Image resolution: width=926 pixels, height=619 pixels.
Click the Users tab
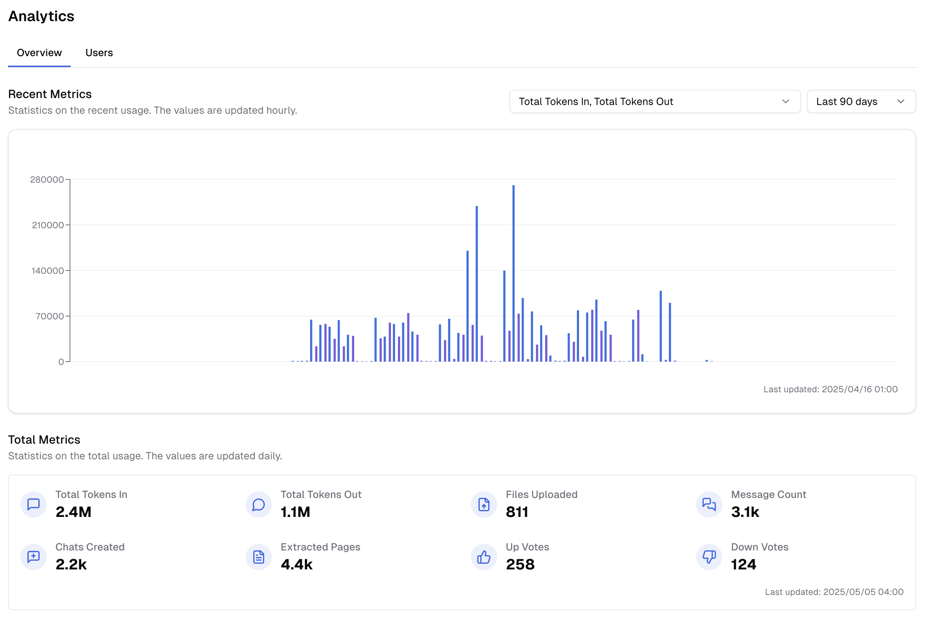tap(99, 52)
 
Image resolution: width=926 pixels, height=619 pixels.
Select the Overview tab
tap(39, 52)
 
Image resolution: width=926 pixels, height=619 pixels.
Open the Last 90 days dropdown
tap(860, 101)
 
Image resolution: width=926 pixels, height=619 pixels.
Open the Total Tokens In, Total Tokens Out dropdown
tap(655, 101)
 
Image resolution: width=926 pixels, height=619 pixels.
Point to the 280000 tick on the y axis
tap(47, 180)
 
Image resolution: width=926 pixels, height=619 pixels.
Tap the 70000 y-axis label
tap(49, 316)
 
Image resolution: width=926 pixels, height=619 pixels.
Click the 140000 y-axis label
tap(47, 271)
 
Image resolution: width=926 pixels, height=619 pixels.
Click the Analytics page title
tap(42, 16)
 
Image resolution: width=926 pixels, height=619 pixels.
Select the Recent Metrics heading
tap(50, 94)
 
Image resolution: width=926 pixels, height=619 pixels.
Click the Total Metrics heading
tap(44, 439)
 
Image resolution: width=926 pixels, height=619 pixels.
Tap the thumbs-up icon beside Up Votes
tap(484, 557)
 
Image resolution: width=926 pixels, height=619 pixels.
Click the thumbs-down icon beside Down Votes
tap(709, 557)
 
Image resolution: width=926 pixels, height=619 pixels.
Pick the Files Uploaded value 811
tap(517, 512)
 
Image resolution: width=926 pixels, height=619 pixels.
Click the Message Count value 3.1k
tap(745, 512)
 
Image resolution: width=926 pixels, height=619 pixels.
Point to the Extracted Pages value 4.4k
tap(296, 565)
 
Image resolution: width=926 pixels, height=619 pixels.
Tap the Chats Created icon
tap(34, 557)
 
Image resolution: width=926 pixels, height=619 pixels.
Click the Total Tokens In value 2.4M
tap(73, 512)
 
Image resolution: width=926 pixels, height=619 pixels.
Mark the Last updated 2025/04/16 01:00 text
tap(830, 389)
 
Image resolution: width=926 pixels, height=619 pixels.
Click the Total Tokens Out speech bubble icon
tap(258, 505)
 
